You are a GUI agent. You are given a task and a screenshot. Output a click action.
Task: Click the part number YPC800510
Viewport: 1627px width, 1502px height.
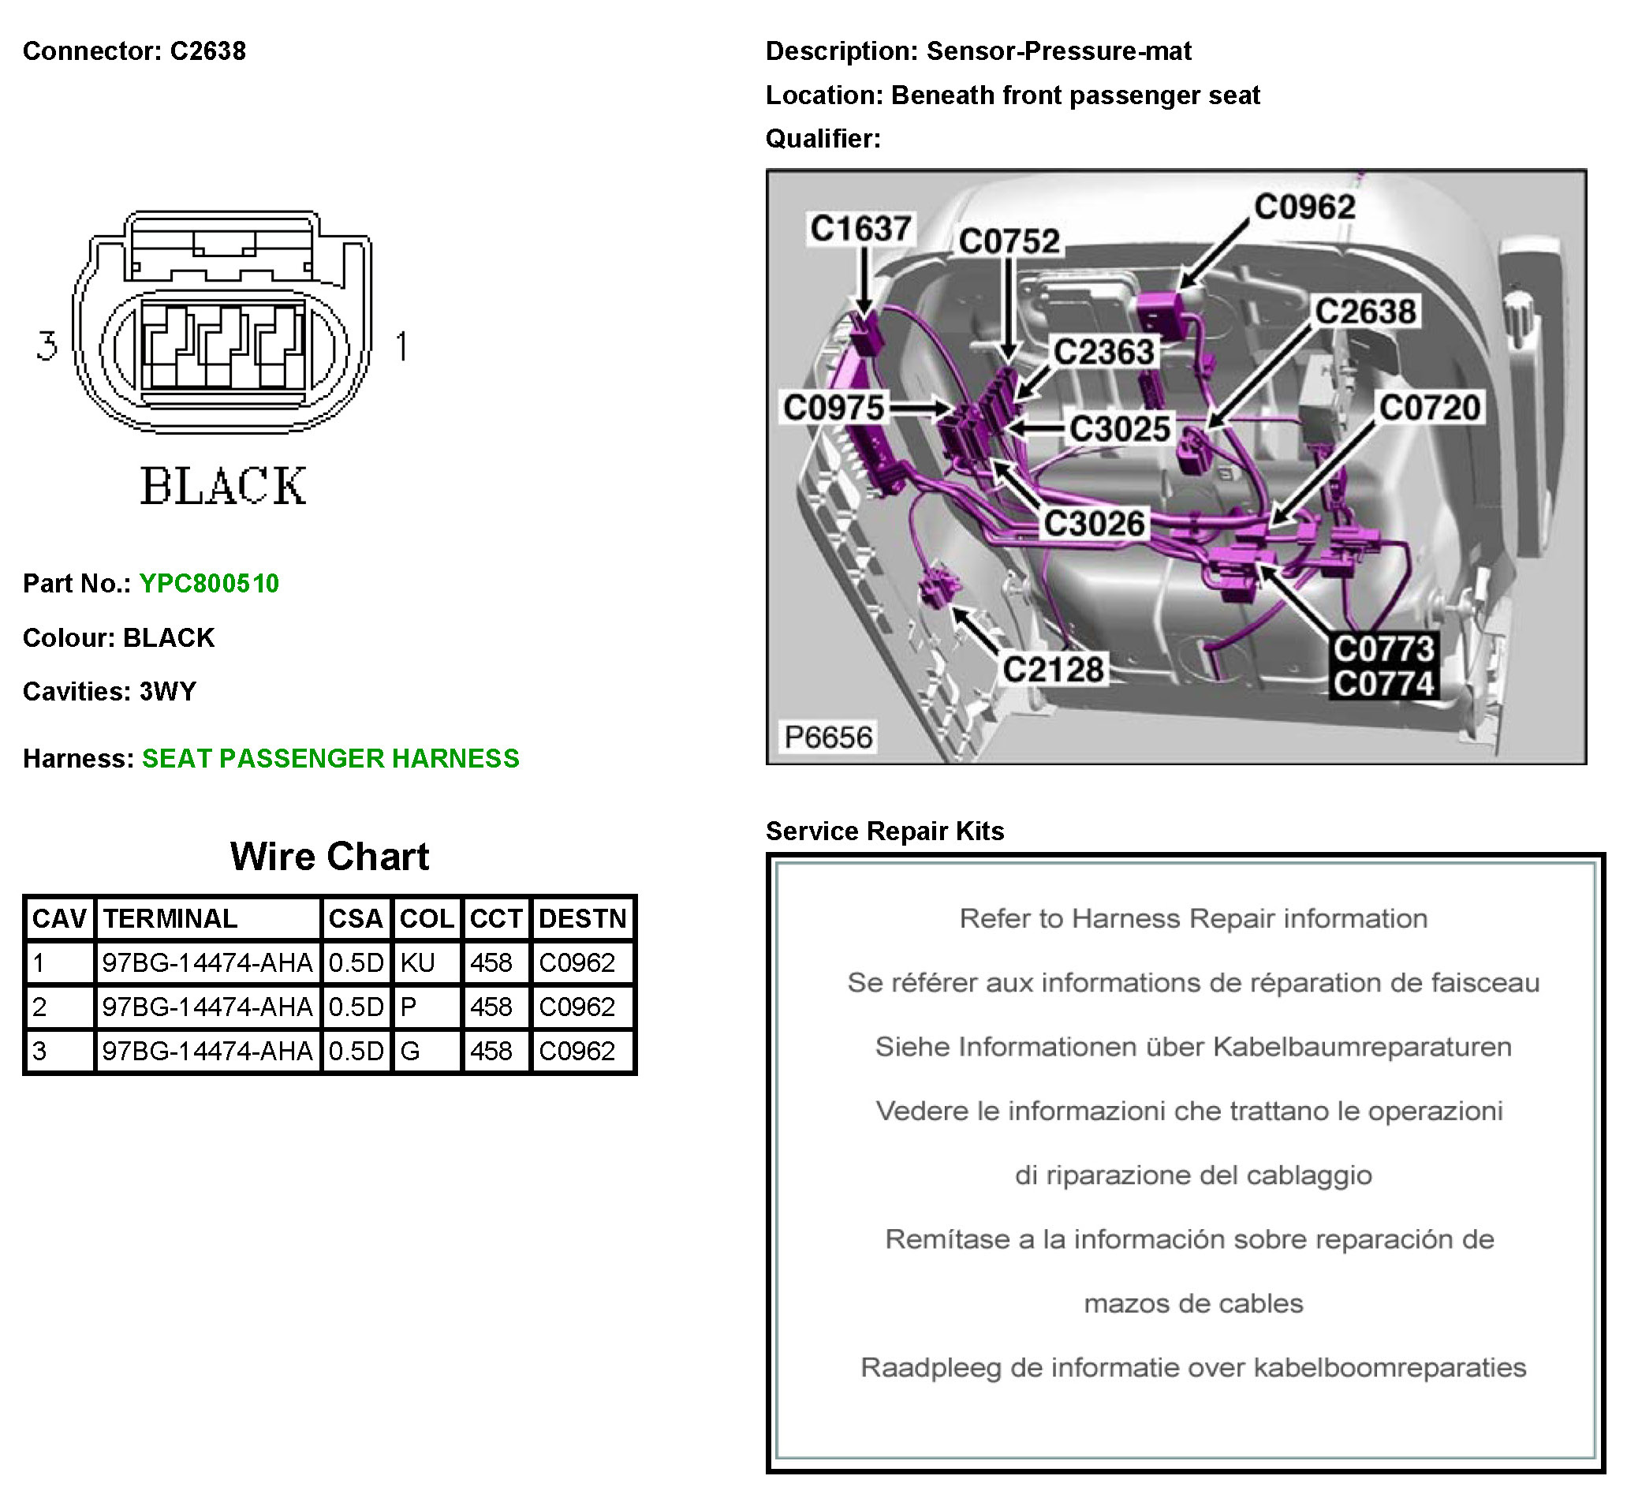[x=209, y=584]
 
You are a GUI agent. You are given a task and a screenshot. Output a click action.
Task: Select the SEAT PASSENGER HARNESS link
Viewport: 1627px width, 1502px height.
[x=330, y=758]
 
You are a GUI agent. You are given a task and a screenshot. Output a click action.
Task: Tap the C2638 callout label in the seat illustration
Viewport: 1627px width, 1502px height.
[x=1365, y=312]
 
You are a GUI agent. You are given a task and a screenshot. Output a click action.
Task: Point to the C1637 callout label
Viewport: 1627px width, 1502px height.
[x=860, y=229]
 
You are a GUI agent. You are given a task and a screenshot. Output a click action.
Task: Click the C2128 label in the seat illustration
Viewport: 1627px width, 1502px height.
[x=1052, y=670]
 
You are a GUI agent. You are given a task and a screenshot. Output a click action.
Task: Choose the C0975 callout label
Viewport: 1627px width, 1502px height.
[x=833, y=407]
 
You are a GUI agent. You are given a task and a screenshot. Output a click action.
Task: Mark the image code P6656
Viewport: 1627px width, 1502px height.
[x=827, y=737]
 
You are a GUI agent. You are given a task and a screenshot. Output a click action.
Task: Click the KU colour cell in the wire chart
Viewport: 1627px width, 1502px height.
[x=418, y=963]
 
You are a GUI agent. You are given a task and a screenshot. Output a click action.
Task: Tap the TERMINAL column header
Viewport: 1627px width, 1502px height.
[x=170, y=918]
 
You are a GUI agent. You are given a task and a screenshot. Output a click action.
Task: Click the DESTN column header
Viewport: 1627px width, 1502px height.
[x=582, y=918]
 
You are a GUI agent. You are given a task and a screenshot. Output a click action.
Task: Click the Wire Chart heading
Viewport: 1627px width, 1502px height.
[x=329, y=857]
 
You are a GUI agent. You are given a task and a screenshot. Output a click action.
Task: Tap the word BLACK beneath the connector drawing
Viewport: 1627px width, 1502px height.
[x=223, y=486]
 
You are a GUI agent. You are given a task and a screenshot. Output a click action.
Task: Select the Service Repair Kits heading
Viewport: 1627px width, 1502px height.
[x=884, y=831]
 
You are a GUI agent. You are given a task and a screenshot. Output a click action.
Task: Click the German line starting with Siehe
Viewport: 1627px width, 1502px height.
[x=1192, y=1047]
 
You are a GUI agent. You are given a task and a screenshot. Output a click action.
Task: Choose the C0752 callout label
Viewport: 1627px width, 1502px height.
[x=1009, y=241]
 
